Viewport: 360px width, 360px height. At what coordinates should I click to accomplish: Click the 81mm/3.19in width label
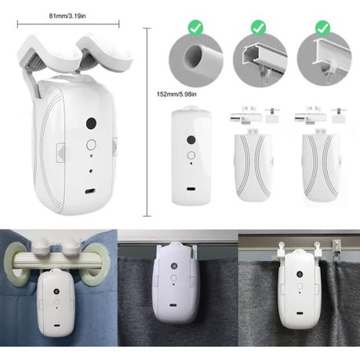[67, 16]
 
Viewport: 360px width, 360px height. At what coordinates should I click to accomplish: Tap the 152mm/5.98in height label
[176, 94]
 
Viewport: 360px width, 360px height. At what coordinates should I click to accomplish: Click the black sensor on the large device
[91, 123]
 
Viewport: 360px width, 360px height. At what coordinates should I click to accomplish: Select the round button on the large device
[91, 144]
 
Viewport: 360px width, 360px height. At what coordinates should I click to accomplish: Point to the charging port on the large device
[90, 191]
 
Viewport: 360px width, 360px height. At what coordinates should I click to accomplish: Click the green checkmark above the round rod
[195, 27]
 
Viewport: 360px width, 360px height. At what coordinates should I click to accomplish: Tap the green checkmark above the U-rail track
[258, 27]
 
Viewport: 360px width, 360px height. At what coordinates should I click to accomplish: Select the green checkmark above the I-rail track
[322, 28]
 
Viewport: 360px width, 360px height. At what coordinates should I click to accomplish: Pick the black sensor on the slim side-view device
[191, 140]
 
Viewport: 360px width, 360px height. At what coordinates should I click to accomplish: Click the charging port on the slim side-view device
[191, 188]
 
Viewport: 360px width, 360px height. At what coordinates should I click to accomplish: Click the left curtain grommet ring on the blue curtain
[17, 264]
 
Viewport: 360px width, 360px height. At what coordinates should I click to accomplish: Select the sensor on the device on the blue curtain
[56, 291]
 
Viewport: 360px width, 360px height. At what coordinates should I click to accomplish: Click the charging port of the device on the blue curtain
[56, 325]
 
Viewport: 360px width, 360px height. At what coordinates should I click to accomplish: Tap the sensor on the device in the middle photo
[174, 266]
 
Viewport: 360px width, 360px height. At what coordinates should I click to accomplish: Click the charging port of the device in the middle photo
[173, 305]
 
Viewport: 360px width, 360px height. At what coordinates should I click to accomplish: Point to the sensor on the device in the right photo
[300, 275]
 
